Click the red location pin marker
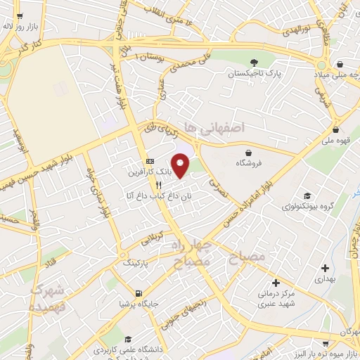point(181,166)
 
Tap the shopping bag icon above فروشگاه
point(248,153)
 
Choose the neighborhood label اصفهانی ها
point(213,127)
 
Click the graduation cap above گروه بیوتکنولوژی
point(307,196)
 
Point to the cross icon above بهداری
point(324,268)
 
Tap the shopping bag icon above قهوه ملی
point(337,129)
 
